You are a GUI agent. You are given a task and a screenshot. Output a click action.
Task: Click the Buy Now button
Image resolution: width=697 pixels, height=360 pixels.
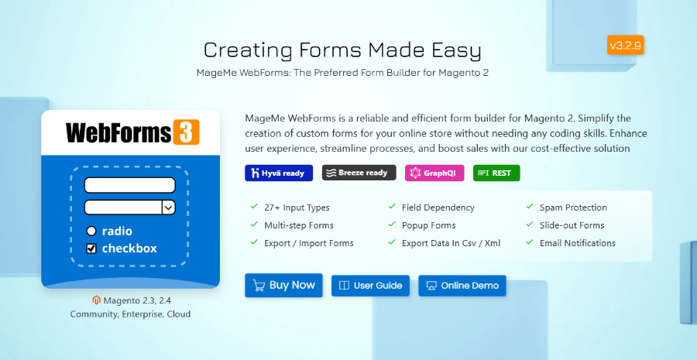[284, 286]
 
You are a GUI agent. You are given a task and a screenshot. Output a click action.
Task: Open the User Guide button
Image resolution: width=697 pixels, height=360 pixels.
[371, 286]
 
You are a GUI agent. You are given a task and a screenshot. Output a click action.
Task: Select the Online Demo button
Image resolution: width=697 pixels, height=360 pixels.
[462, 286]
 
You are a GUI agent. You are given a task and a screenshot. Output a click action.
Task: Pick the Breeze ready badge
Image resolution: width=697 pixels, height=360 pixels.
[359, 173]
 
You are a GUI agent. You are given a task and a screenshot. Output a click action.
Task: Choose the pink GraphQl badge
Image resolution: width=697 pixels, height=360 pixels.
[434, 173]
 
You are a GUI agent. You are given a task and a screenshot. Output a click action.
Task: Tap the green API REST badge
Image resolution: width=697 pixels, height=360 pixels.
[496, 173]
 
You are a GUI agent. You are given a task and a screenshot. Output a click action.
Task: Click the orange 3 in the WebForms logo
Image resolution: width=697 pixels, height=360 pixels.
[186, 132]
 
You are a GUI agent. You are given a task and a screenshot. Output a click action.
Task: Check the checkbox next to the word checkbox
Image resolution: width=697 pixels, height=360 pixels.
[91, 249]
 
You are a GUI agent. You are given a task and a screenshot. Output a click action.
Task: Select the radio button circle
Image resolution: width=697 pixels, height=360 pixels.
[91, 231]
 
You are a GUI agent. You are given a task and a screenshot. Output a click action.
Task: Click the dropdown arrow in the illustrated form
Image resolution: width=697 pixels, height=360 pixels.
[168, 207]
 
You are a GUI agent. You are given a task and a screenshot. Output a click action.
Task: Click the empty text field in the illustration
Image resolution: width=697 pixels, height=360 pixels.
[129, 186]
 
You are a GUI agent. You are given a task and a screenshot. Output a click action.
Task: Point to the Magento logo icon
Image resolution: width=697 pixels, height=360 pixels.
[97, 300]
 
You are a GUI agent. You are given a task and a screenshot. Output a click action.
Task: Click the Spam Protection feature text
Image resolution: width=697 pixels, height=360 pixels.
[573, 207]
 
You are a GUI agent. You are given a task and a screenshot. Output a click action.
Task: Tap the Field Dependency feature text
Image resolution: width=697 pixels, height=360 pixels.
[438, 207]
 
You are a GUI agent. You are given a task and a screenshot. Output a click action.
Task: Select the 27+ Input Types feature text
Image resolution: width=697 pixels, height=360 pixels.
[297, 207]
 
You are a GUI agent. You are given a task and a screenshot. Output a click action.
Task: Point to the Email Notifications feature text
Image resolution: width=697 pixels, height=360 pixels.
[577, 243]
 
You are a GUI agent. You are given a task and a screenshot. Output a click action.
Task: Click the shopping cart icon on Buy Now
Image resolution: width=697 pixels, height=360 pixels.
[259, 286]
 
